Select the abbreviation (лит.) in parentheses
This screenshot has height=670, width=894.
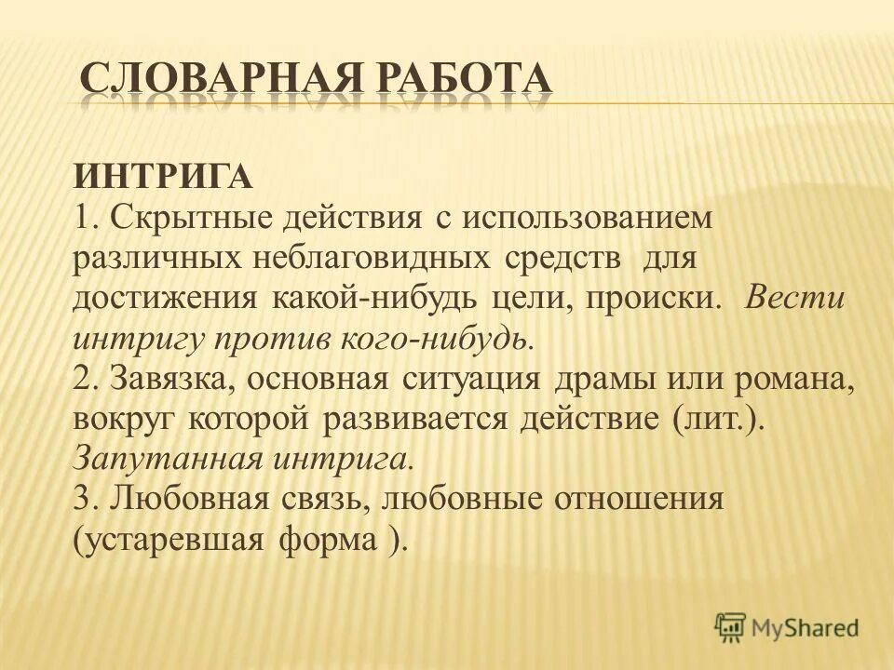(x=718, y=418)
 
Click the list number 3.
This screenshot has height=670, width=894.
(x=82, y=498)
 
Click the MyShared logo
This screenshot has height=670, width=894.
(x=787, y=626)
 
